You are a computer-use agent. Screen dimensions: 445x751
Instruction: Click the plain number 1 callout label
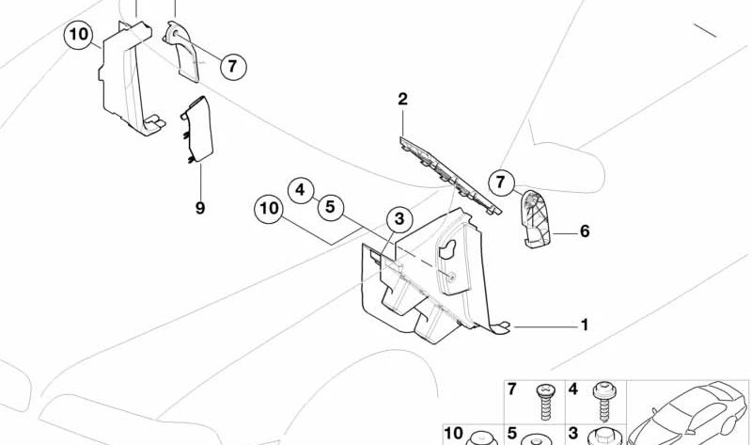click(x=584, y=326)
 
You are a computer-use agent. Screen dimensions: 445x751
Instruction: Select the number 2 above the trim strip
click(x=402, y=99)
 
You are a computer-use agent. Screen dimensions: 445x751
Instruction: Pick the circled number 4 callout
click(x=300, y=191)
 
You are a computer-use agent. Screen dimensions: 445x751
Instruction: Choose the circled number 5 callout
click(x=329, y=206)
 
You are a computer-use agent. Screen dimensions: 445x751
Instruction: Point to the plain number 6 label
click(x=584, y=230)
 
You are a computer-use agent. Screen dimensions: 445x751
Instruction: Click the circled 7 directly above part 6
click(x=502, y=182)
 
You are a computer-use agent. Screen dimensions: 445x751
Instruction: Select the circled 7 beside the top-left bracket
click(x=233, y=66)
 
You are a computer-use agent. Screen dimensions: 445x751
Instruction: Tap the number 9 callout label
click(x=200, y=208)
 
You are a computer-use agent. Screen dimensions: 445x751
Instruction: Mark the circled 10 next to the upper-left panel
click(x=79, y=37)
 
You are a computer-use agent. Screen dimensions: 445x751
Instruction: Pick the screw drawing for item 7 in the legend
click(x=543, y=399)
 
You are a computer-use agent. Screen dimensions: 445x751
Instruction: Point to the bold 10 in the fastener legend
click(x=454, y=434)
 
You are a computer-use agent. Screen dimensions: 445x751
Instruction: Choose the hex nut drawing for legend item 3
click(x=600, y=437)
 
